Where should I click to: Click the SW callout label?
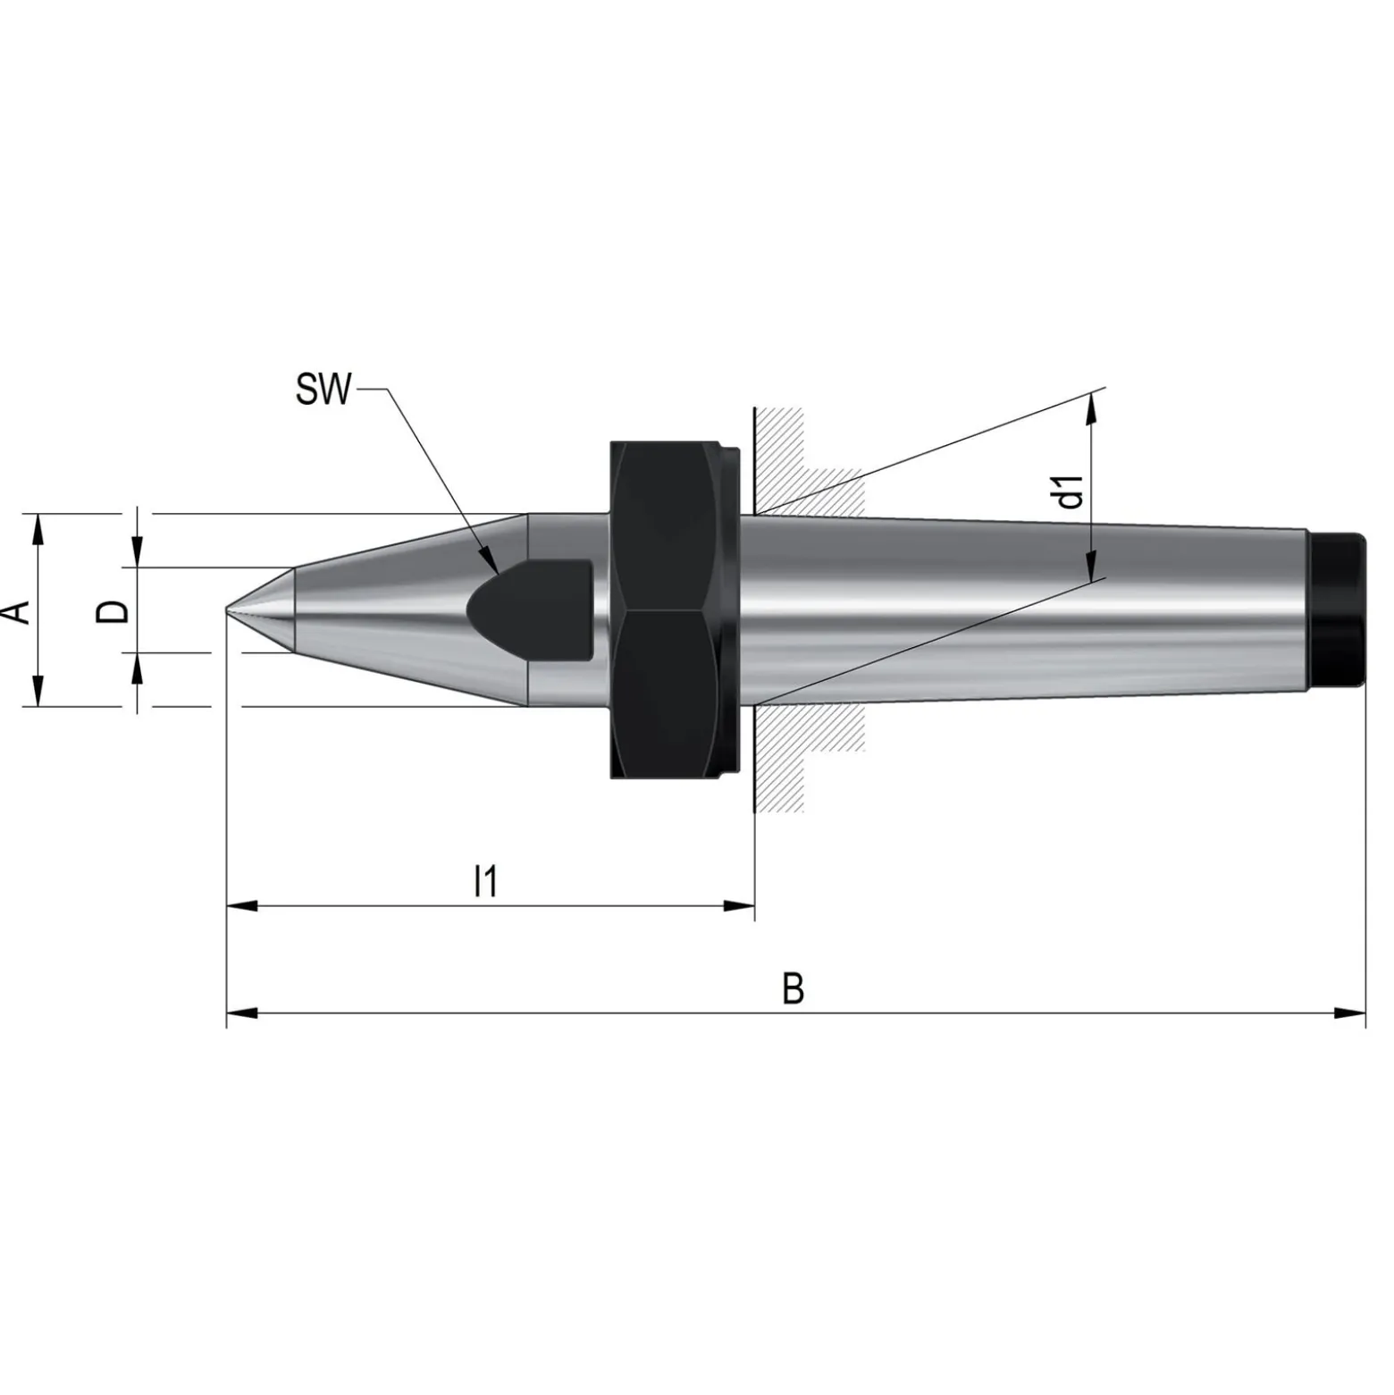click(324, 391)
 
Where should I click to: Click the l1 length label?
click(485, 881)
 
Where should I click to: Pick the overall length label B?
click(793, 989)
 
